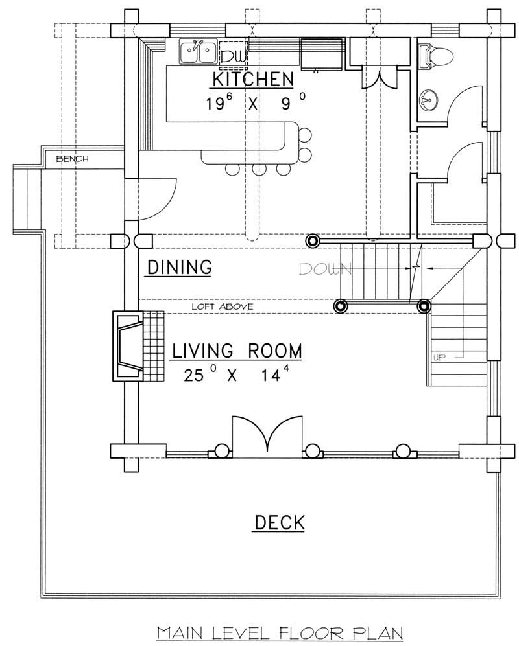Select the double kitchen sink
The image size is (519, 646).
tap(199, 52)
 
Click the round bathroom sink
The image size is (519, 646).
tap(429, 100)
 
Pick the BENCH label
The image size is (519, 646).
tap(72, 158)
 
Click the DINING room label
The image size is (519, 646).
tap(178, 267)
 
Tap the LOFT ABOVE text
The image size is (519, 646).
tap(223, 306)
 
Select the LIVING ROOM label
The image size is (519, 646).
tap(237, 351)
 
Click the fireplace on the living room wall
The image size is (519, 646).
tap(128, 344)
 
